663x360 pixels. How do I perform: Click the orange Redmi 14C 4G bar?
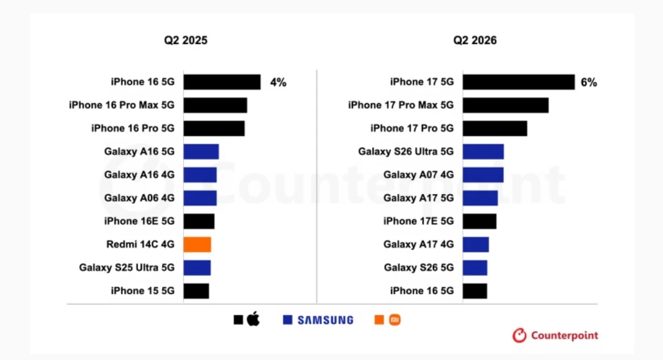pyautogui.click(x=197, y=245)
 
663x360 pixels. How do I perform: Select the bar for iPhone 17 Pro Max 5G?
pyautogui.click(x=506, y=105)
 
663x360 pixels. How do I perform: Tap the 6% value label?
pyautogui.click(x=589, y=82)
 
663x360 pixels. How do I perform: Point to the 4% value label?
pyautogui.click(x=278, y=82)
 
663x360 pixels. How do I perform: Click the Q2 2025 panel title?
pyautogui.click(x=185, y=40)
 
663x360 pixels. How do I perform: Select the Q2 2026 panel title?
pyautogui.click(x=475, y=40)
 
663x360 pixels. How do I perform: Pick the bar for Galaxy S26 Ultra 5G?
pyautogui.click(x=483, y=152)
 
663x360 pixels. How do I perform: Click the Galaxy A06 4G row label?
pyautogui.click(x=139, y=198)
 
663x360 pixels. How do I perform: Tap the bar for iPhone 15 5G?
pyautogui.click(x=196, y=291)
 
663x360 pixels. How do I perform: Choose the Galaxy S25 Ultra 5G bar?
pyautogui.click(x=197, y=268)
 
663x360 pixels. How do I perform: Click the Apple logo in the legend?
pyautogui.click(x=254, y=319)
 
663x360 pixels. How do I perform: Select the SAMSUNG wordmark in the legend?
pyautogui.click(x=325, y=320)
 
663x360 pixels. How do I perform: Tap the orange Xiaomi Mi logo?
pyautogui.click(x=395, y=320)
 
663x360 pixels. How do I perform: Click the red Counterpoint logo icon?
pyautogui.click(x=519, y=335)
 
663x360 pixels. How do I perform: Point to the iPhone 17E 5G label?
pyautogui.click(x=418, y=221)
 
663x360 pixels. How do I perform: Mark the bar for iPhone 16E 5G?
pyautogui.click(x=199, y=221)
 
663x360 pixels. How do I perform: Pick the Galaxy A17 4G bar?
pyautogui.click(x=476, y=245)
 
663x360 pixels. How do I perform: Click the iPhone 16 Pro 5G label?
pyautogui.click(x=133, y=128)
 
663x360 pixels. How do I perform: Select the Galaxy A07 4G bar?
pyautogui.click(x=483, y=175)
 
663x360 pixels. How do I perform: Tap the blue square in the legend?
pyautogui.click(x=287, y=320)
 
